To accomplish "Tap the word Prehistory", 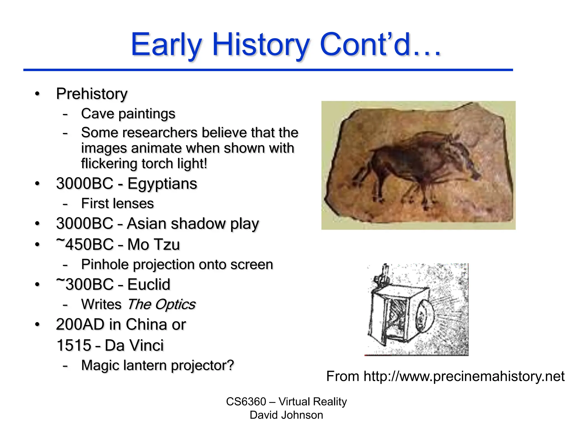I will coord(92,94).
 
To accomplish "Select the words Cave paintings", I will coord(128,114).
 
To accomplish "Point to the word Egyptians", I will coord(162,184).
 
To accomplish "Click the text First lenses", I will coord(117,204).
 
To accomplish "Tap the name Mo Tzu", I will coord(154,244).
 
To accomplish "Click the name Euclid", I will coord(149,285).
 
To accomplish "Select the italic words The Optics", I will coord(161,305).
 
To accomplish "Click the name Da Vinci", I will coord(134,345).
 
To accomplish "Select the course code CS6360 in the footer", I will coord(246,402).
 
